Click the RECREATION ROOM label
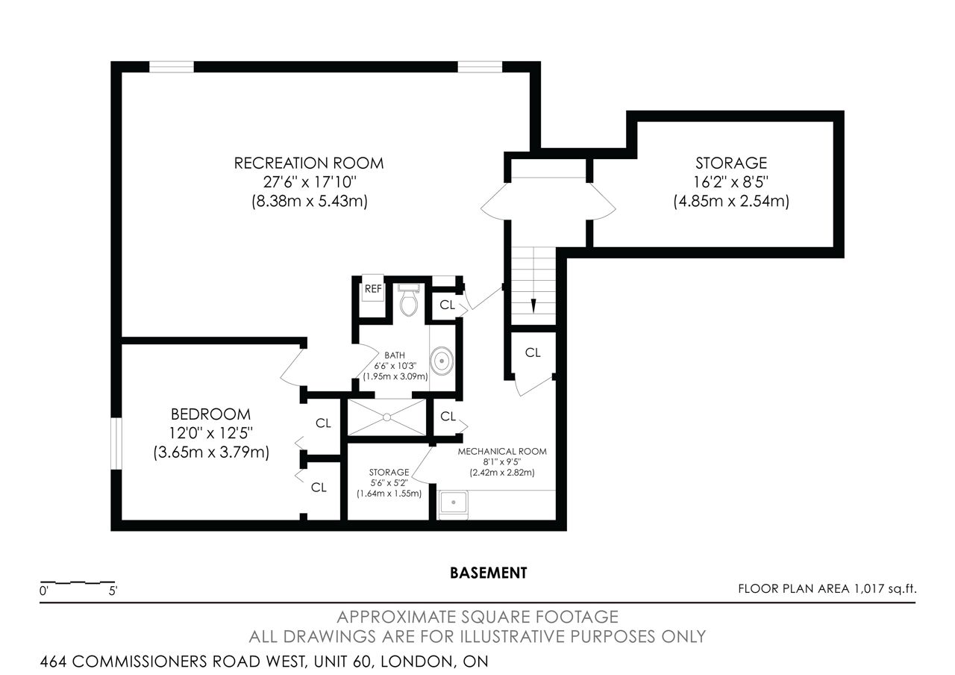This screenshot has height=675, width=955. point(309,163)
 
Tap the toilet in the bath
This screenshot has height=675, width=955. point(409,300)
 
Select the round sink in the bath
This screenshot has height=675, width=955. point(442,361)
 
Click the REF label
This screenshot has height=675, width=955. point(373,289)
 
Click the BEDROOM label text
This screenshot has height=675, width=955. point(210,414)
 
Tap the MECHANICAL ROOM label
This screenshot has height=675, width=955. point(502,452)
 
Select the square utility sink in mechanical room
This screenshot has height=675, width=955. point(454,503)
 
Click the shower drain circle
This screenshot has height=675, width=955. point(386,417)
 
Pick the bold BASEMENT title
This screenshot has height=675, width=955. point(489,573)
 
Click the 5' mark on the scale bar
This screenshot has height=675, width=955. point(113,591)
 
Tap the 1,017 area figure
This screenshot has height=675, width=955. point(869,589)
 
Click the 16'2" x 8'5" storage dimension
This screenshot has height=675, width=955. point(730,182)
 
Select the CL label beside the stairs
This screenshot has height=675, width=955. point(533,353)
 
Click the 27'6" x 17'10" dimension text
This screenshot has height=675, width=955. point(309,182)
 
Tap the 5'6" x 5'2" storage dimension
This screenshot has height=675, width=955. point(389,483)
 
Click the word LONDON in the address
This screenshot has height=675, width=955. point(417,662)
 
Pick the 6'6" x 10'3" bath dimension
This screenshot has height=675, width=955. point(395,366)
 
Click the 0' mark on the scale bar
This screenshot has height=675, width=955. point(44,591)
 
